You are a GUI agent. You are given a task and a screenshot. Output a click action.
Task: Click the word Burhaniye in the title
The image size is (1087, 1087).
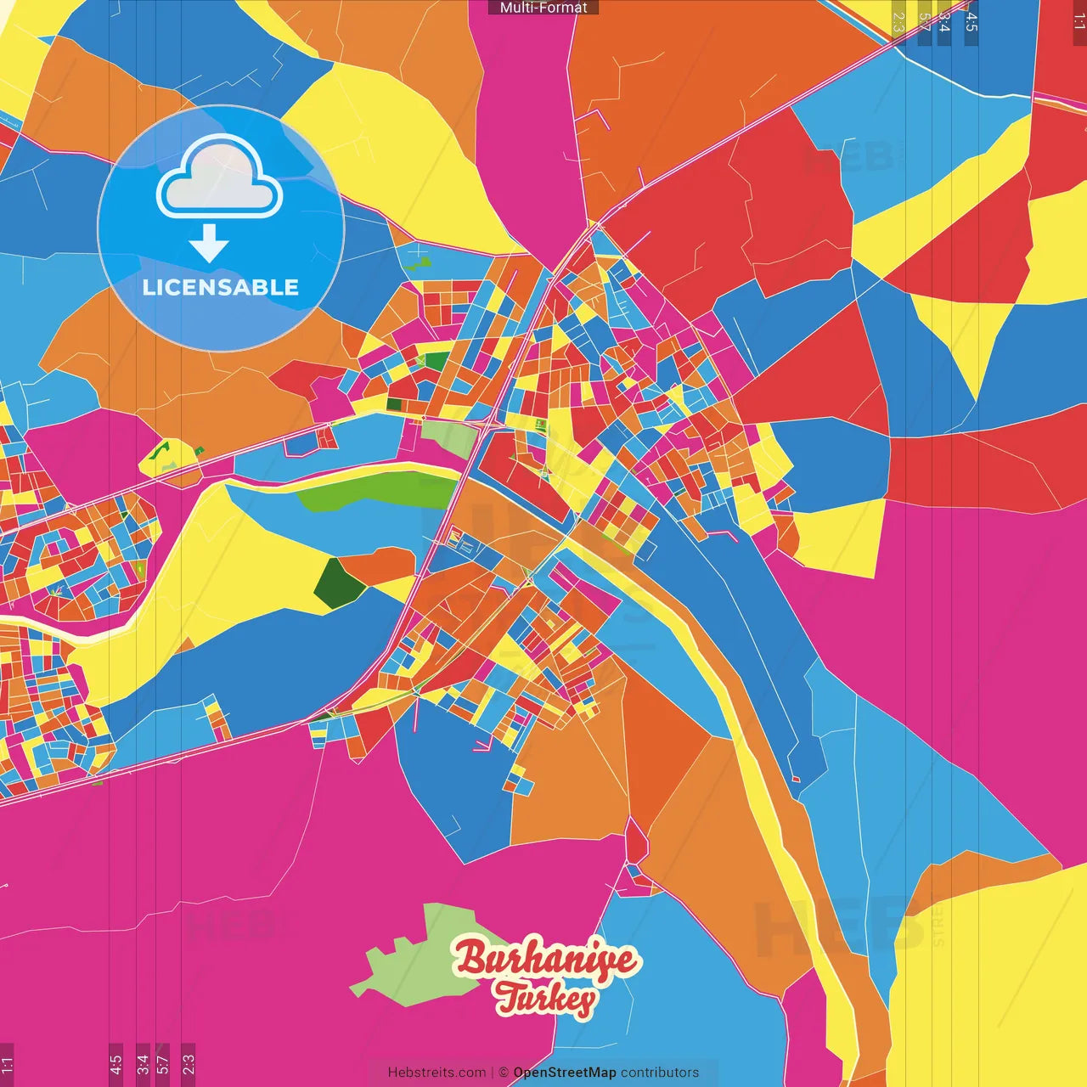545,960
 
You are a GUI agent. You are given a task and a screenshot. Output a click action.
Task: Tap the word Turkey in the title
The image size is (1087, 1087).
545,998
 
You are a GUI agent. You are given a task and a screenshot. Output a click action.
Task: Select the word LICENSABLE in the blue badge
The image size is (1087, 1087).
221,287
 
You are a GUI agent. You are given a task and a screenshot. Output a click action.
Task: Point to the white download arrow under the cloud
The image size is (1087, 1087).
209,244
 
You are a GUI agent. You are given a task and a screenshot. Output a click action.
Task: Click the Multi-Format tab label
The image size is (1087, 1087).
543,8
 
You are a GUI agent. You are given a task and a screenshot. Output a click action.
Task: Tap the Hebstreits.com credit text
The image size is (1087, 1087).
436,1073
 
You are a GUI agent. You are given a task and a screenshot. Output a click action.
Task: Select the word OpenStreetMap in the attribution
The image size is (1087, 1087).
565,1073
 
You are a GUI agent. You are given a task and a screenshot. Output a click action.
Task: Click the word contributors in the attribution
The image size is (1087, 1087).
660,1073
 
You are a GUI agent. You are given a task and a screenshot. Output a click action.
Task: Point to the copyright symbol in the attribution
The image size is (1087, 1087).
504,1073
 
